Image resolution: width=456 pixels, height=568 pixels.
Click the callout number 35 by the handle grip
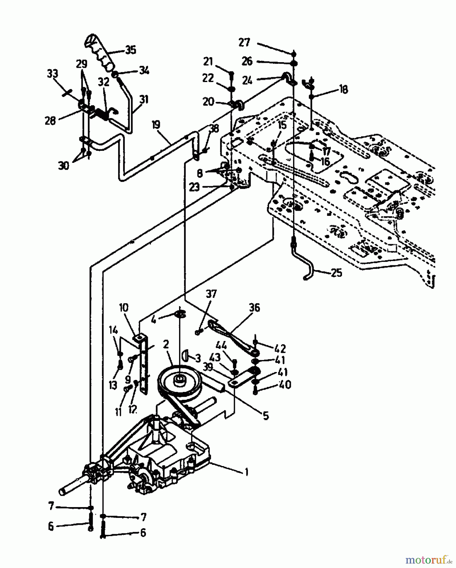(130, 50)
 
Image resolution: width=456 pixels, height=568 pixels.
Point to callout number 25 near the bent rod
(337, 272)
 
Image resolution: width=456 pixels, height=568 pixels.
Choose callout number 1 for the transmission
(247, 472)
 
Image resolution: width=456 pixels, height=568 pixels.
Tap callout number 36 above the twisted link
(254, 308)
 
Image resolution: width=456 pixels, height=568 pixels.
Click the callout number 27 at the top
(244, 42)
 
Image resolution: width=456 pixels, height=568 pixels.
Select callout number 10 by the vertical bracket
(124, 307)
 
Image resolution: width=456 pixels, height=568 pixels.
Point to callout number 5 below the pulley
(266, 416)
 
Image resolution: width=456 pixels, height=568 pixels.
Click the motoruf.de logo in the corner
(429, 559)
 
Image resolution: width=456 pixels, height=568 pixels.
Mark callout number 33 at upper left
(53, 74)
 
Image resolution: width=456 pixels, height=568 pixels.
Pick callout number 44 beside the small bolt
(222, 346)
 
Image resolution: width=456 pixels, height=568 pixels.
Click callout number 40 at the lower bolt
(285, 385)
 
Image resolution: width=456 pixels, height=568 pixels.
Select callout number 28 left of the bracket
(50, 121)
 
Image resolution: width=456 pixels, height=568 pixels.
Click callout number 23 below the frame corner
(195, 187)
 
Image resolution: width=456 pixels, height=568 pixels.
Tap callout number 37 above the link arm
(211, 294)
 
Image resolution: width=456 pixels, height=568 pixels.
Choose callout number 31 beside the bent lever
(144, 100)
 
